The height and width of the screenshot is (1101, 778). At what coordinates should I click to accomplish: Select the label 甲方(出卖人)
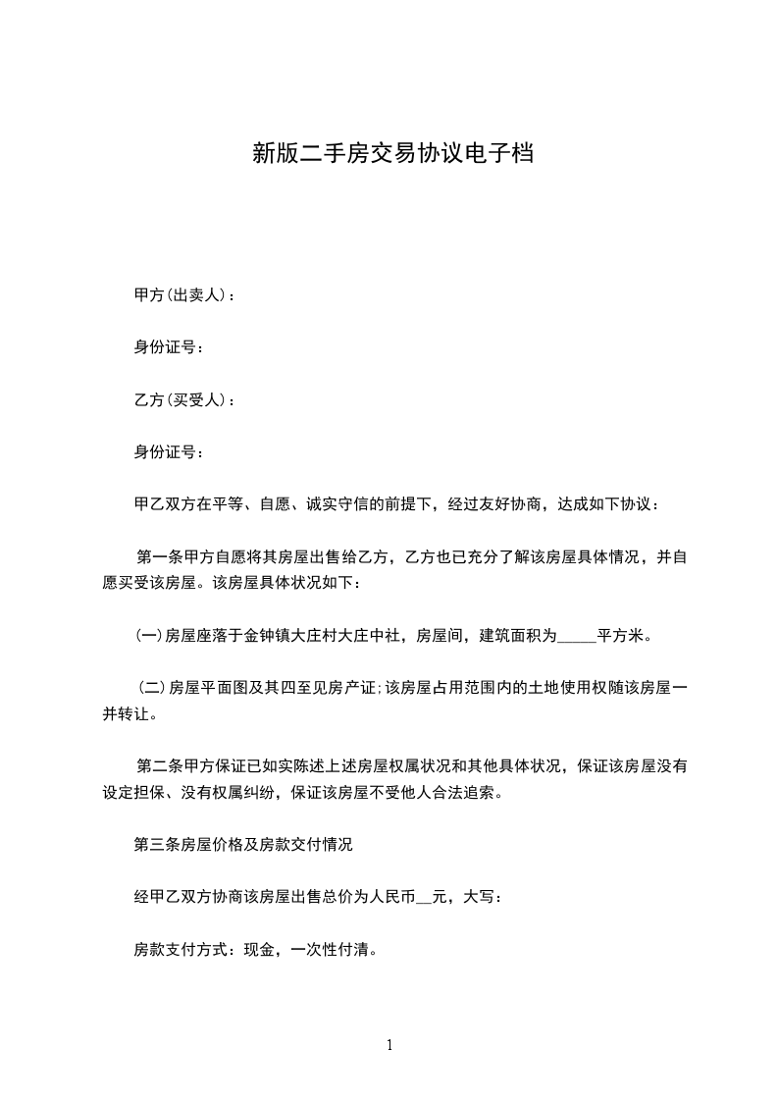tap(180, 294)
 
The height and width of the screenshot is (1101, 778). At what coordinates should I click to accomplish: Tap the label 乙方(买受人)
tap(180, 399)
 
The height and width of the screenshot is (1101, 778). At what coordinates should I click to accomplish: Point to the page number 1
tap(389, 1045)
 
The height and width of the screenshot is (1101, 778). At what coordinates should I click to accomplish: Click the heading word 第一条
tap(160, 557)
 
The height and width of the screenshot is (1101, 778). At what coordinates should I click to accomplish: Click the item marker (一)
tap(148, 636)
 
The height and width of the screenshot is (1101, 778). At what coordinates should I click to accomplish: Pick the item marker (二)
tap(152, 688)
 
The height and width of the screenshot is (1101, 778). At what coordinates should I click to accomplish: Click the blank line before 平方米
tap(576, 637)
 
